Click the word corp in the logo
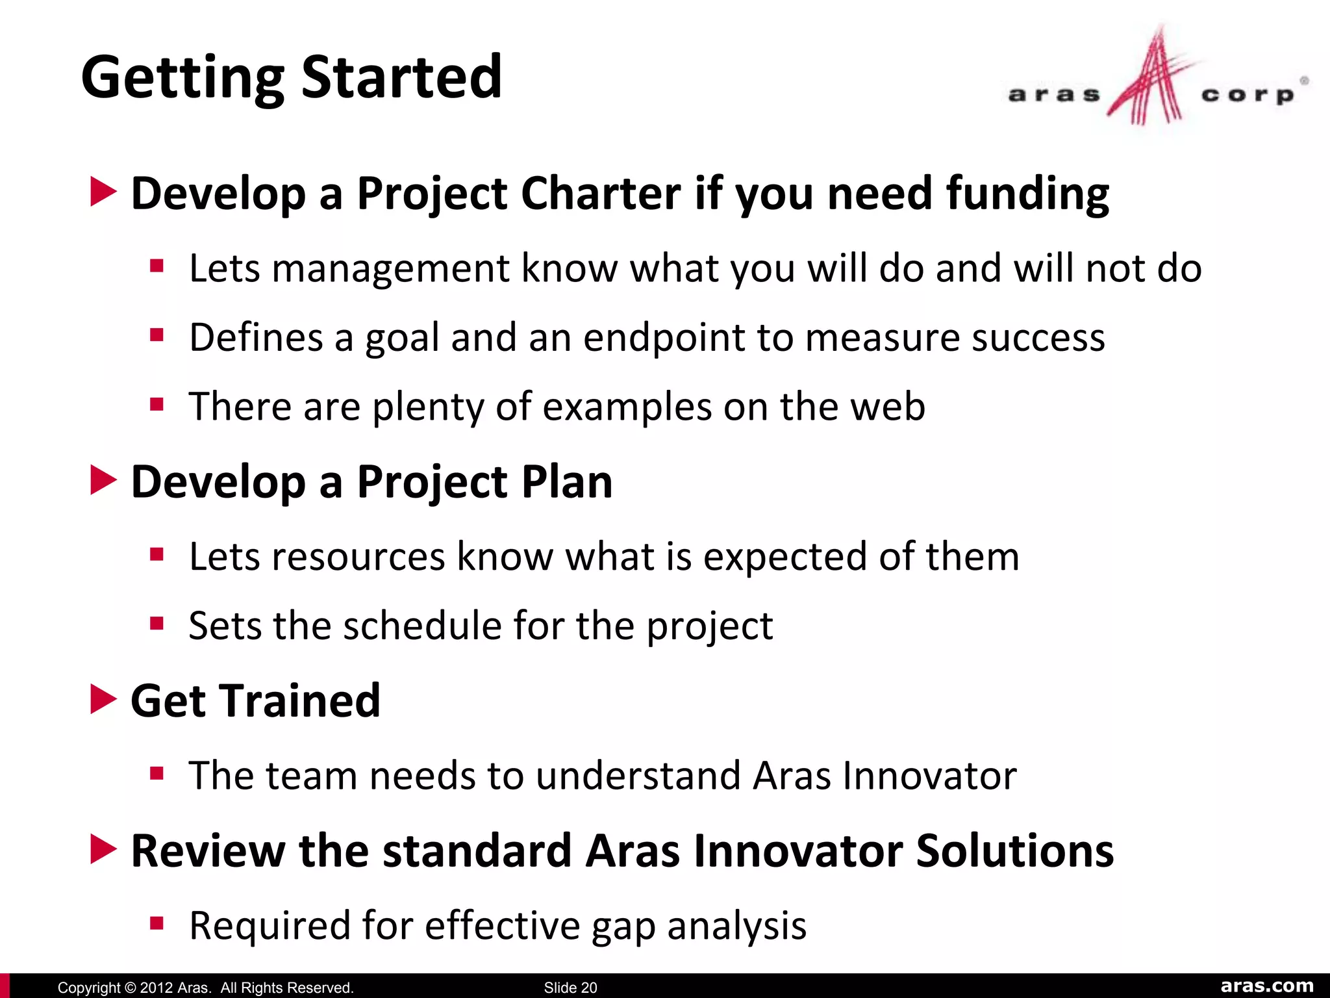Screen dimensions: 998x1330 coord(1247,95)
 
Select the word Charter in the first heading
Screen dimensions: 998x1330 coord(601,194)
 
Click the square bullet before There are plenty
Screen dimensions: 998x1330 coord(157,405)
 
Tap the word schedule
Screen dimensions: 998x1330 coord(422,626)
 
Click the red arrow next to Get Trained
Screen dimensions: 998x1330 coord(103,699)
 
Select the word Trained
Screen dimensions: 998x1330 coord(301,701)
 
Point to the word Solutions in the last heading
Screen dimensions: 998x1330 coord(1014,851)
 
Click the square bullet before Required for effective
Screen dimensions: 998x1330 coord(157,923)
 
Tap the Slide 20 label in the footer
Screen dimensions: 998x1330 coord(570,988)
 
